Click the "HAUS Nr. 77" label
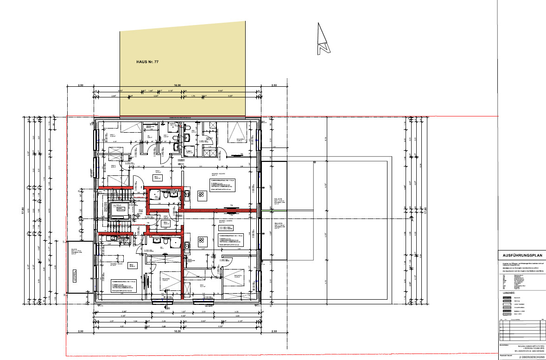tap(147, 61)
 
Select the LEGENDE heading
tap(509, 293)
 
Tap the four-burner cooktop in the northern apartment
tap(202, 195)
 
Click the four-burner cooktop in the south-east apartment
tap(202, 241)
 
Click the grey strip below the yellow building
tap(183, 118)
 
